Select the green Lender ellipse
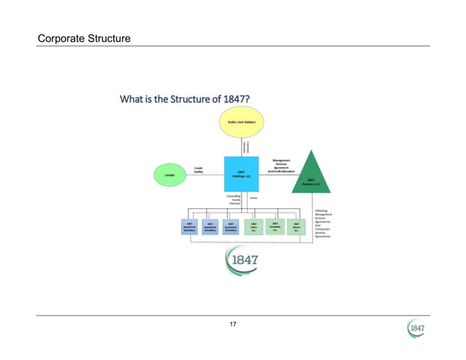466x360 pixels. [169, 175]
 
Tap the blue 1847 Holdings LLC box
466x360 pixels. [240, 175]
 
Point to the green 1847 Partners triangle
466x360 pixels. [311, 174]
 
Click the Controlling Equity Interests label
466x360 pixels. [234, 200]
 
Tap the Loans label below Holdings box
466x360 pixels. [253, 197]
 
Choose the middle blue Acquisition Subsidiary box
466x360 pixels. [210, 226]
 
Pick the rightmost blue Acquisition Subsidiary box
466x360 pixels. [231, 226]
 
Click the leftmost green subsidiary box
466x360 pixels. [253, 226]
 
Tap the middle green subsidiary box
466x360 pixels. [275, 226]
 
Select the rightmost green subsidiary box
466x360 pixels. [296, 226]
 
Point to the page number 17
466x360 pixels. [233, 323]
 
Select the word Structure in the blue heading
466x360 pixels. [191, 99]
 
